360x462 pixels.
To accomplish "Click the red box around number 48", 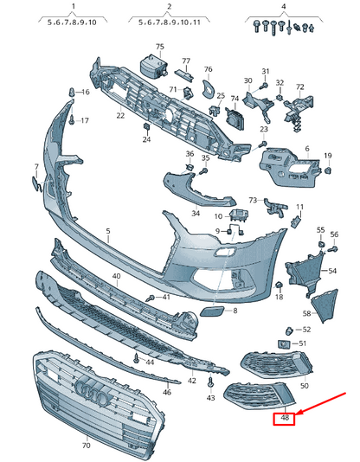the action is tap(284, 419).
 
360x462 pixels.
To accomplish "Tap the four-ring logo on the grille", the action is tap(92, 391).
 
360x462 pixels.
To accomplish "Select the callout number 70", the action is tap(86, 446).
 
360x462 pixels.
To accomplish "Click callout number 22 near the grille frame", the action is tap(120, 115).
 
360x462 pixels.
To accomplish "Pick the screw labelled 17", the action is tap(72, 120).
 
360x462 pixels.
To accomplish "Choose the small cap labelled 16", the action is tap(72, 93).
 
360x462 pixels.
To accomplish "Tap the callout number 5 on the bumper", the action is tap(108, 231).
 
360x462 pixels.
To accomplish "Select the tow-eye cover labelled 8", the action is tap(212, 311).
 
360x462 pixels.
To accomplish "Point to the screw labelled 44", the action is tap(136, 358).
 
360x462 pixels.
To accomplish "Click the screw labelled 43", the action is tap(210, 382).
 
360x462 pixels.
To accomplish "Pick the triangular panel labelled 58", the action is tap(325, 305).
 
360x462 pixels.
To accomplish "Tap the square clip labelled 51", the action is tap(284, 343).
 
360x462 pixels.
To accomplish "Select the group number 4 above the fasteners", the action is tap(283, 6).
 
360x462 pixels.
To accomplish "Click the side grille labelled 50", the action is tap(277, 364).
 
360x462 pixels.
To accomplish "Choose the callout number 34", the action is tap(196, 213).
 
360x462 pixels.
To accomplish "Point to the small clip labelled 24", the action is tap(146, 127).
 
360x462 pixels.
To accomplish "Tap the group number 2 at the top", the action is tap(170, 6).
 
